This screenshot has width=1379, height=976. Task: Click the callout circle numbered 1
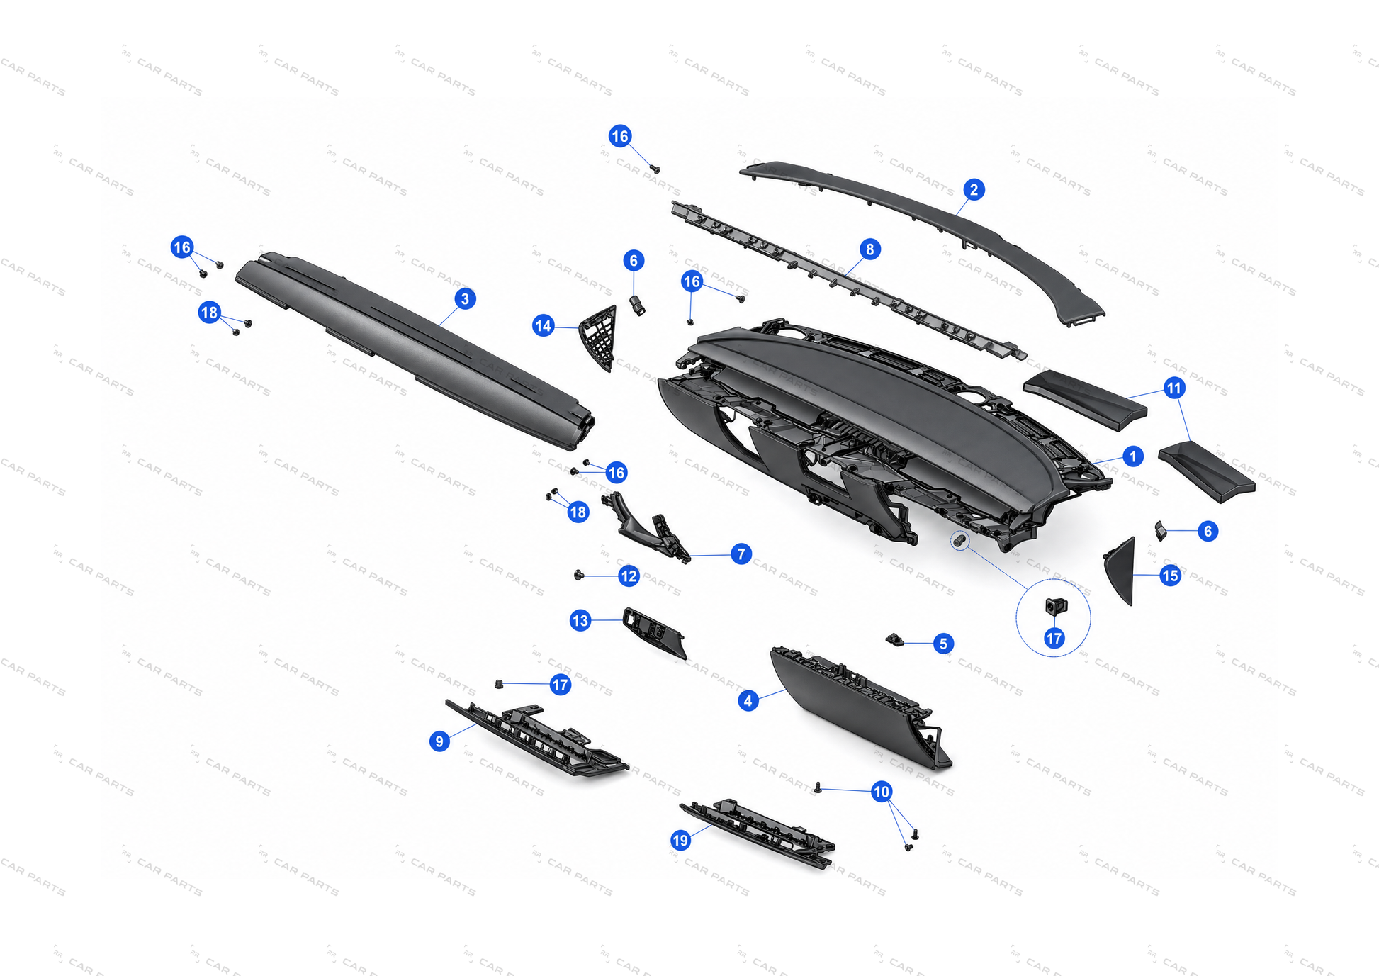[1132, 456]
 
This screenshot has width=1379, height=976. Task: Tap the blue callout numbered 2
[974, 190]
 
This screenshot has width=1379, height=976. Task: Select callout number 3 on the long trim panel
[465, 298]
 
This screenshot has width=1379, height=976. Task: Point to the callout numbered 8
[869, 249]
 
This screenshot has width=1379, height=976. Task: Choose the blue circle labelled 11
[1174, 388]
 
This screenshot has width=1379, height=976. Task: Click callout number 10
[881, 792]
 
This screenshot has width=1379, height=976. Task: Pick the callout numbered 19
[680, 841]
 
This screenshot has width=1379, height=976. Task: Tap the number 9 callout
[439, 741]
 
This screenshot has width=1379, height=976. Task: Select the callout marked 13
[580, 621]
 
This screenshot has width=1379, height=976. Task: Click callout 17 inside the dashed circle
[1054, 638]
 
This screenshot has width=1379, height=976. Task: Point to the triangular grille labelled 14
[599, 338]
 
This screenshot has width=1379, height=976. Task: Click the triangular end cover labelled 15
[1120, 571]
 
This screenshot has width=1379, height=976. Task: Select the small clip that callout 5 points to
[894, 640]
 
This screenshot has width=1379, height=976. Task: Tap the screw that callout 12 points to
[579, 575]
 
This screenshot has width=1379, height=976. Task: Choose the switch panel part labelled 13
[654, 632]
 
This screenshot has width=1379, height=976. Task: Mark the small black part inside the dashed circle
[1056, 607]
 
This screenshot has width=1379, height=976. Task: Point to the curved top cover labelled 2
[921, 234]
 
